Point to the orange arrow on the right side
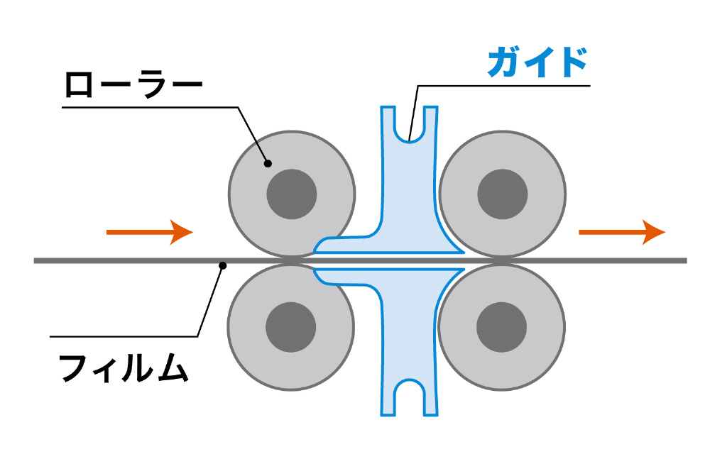622,232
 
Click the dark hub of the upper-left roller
291,194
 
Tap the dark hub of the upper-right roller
502,194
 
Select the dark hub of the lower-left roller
291,327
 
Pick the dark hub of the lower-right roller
502,327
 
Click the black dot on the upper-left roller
268,163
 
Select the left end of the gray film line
37,261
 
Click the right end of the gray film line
684,261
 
